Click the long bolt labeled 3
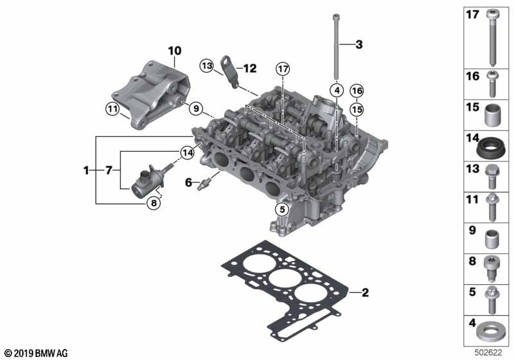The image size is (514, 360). [335, 48]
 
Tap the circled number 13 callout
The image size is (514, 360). [206, 66]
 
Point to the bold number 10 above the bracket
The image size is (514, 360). [175, 50]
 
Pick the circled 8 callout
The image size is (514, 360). [153, 203]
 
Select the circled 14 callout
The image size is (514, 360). [187, 153]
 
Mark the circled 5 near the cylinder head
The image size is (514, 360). [280, 209]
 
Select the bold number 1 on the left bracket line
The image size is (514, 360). [85, 170]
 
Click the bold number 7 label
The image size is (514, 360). [109, 170]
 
